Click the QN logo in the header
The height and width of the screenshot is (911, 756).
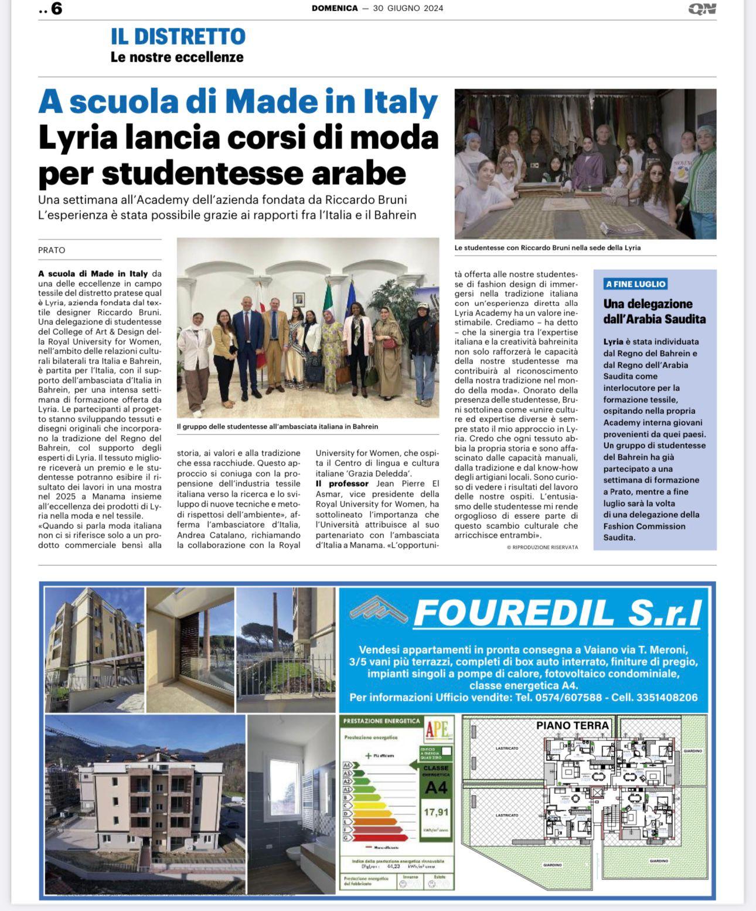[702, 9]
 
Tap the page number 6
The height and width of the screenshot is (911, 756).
[56, 9]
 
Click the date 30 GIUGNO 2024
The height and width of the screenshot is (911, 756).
[408, 8]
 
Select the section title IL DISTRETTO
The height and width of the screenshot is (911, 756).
[178, 36]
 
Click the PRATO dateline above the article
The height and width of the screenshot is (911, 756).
[52, 250]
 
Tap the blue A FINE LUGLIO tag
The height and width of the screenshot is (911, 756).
[636, 284]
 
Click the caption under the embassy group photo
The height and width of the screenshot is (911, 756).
[277, 427]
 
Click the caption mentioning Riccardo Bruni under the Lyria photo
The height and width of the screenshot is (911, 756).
[547, 248]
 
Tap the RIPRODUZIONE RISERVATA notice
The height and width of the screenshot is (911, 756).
[542, 547]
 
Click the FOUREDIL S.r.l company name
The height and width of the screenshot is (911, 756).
[557, 613]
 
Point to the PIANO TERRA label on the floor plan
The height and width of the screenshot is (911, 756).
[573, 726]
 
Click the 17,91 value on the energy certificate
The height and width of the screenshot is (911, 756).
[435, 812]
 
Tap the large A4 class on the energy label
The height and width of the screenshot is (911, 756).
[435, 788]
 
